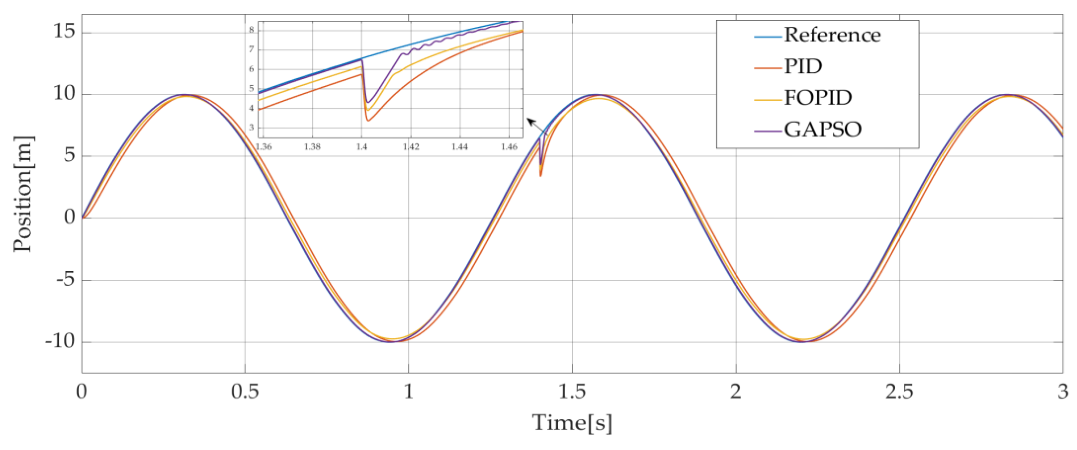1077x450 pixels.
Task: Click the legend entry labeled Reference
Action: click(832, 35)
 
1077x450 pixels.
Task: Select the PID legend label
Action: click(803, 66)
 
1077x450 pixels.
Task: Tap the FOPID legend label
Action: click(818, 97)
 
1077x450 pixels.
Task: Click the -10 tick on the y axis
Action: click(60, 342)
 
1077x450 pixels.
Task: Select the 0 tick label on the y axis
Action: click(69, 217)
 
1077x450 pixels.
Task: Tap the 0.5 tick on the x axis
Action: click(245, 392)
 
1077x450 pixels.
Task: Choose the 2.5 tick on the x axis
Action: click(899, 392)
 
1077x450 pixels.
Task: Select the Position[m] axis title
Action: click(23, 194)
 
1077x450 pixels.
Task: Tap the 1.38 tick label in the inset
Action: click(312, 147)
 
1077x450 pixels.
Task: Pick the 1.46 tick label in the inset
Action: click(509, 147)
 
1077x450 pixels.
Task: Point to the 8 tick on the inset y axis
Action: click(252, 30)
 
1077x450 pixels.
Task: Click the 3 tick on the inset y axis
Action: click(252, 127)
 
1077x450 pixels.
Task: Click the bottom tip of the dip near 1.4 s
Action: click(540, 176)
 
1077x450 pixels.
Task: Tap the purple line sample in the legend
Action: click(768, 131)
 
